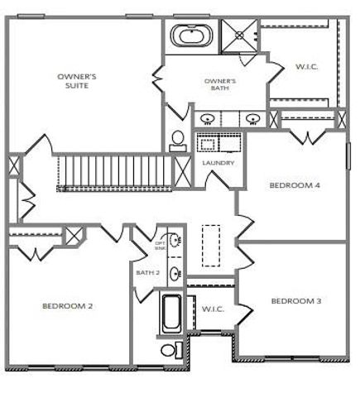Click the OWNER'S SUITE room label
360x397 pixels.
point(76,79)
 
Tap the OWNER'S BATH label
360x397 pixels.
point(220,83)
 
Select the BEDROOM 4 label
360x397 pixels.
point(295,185)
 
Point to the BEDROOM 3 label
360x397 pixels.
point(295,300)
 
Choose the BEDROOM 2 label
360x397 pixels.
point(67,305)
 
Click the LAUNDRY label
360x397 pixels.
point(218,163)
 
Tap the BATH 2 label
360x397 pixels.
point(147,271)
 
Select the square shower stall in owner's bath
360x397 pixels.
point(242,35)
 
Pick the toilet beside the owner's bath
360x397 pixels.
point(178,141)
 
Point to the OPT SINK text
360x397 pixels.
point(160,245)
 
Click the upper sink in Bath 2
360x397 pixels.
point(176,241)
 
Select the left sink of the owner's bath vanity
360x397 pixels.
point(208,117)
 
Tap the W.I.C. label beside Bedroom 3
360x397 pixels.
point(212,309)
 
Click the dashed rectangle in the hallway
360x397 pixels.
point(212,247)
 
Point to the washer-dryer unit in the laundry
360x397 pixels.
point(218,144)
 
